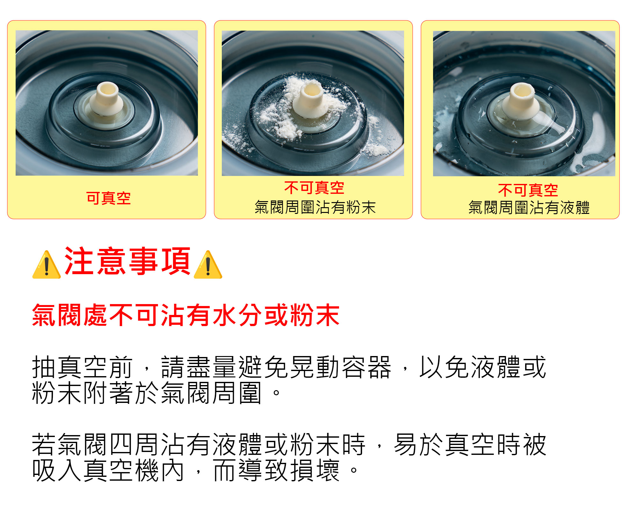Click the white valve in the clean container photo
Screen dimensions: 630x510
106,99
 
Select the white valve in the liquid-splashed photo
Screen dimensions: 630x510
522,102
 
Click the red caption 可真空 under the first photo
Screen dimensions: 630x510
108,198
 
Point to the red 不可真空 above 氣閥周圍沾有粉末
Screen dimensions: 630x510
314,187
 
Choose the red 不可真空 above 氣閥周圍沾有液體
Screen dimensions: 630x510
528,190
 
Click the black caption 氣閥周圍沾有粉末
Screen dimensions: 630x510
315,207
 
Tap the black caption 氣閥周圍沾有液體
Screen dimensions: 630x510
529,208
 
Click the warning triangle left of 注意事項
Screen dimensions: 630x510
47,265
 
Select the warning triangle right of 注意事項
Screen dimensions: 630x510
208,265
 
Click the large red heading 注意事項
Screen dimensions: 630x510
127,261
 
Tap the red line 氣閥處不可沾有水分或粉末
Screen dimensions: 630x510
186,315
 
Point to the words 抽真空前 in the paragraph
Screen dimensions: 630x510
82,367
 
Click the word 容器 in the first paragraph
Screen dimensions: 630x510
366,367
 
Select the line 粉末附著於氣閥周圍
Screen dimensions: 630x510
147,393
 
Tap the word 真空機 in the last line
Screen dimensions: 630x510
121,470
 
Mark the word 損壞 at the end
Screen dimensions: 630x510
315,470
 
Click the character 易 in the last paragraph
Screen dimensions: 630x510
406,444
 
